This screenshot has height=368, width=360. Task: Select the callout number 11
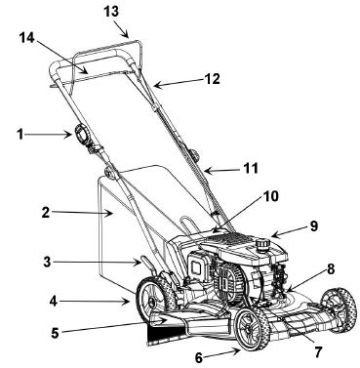click(251, 167)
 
